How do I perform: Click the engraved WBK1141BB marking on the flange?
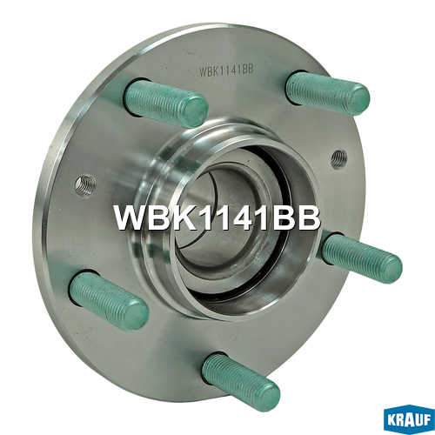pyautogui.click(x=226, y=70)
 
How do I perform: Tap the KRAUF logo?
pyautogui.click(x=409, y=419)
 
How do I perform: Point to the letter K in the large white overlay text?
pyautogui.click(x=184, y=217)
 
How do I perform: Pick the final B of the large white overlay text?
pyautogui.click(x=308, y=217)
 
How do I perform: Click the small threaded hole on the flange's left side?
pyautogui.click(x=85, y=185)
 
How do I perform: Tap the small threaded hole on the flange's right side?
pyautogui.click(x=338, y=159)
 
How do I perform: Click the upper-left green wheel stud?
pyautogui.click(x=166, y=103)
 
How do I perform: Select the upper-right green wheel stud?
pyautogui.click(x=328, y=92)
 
